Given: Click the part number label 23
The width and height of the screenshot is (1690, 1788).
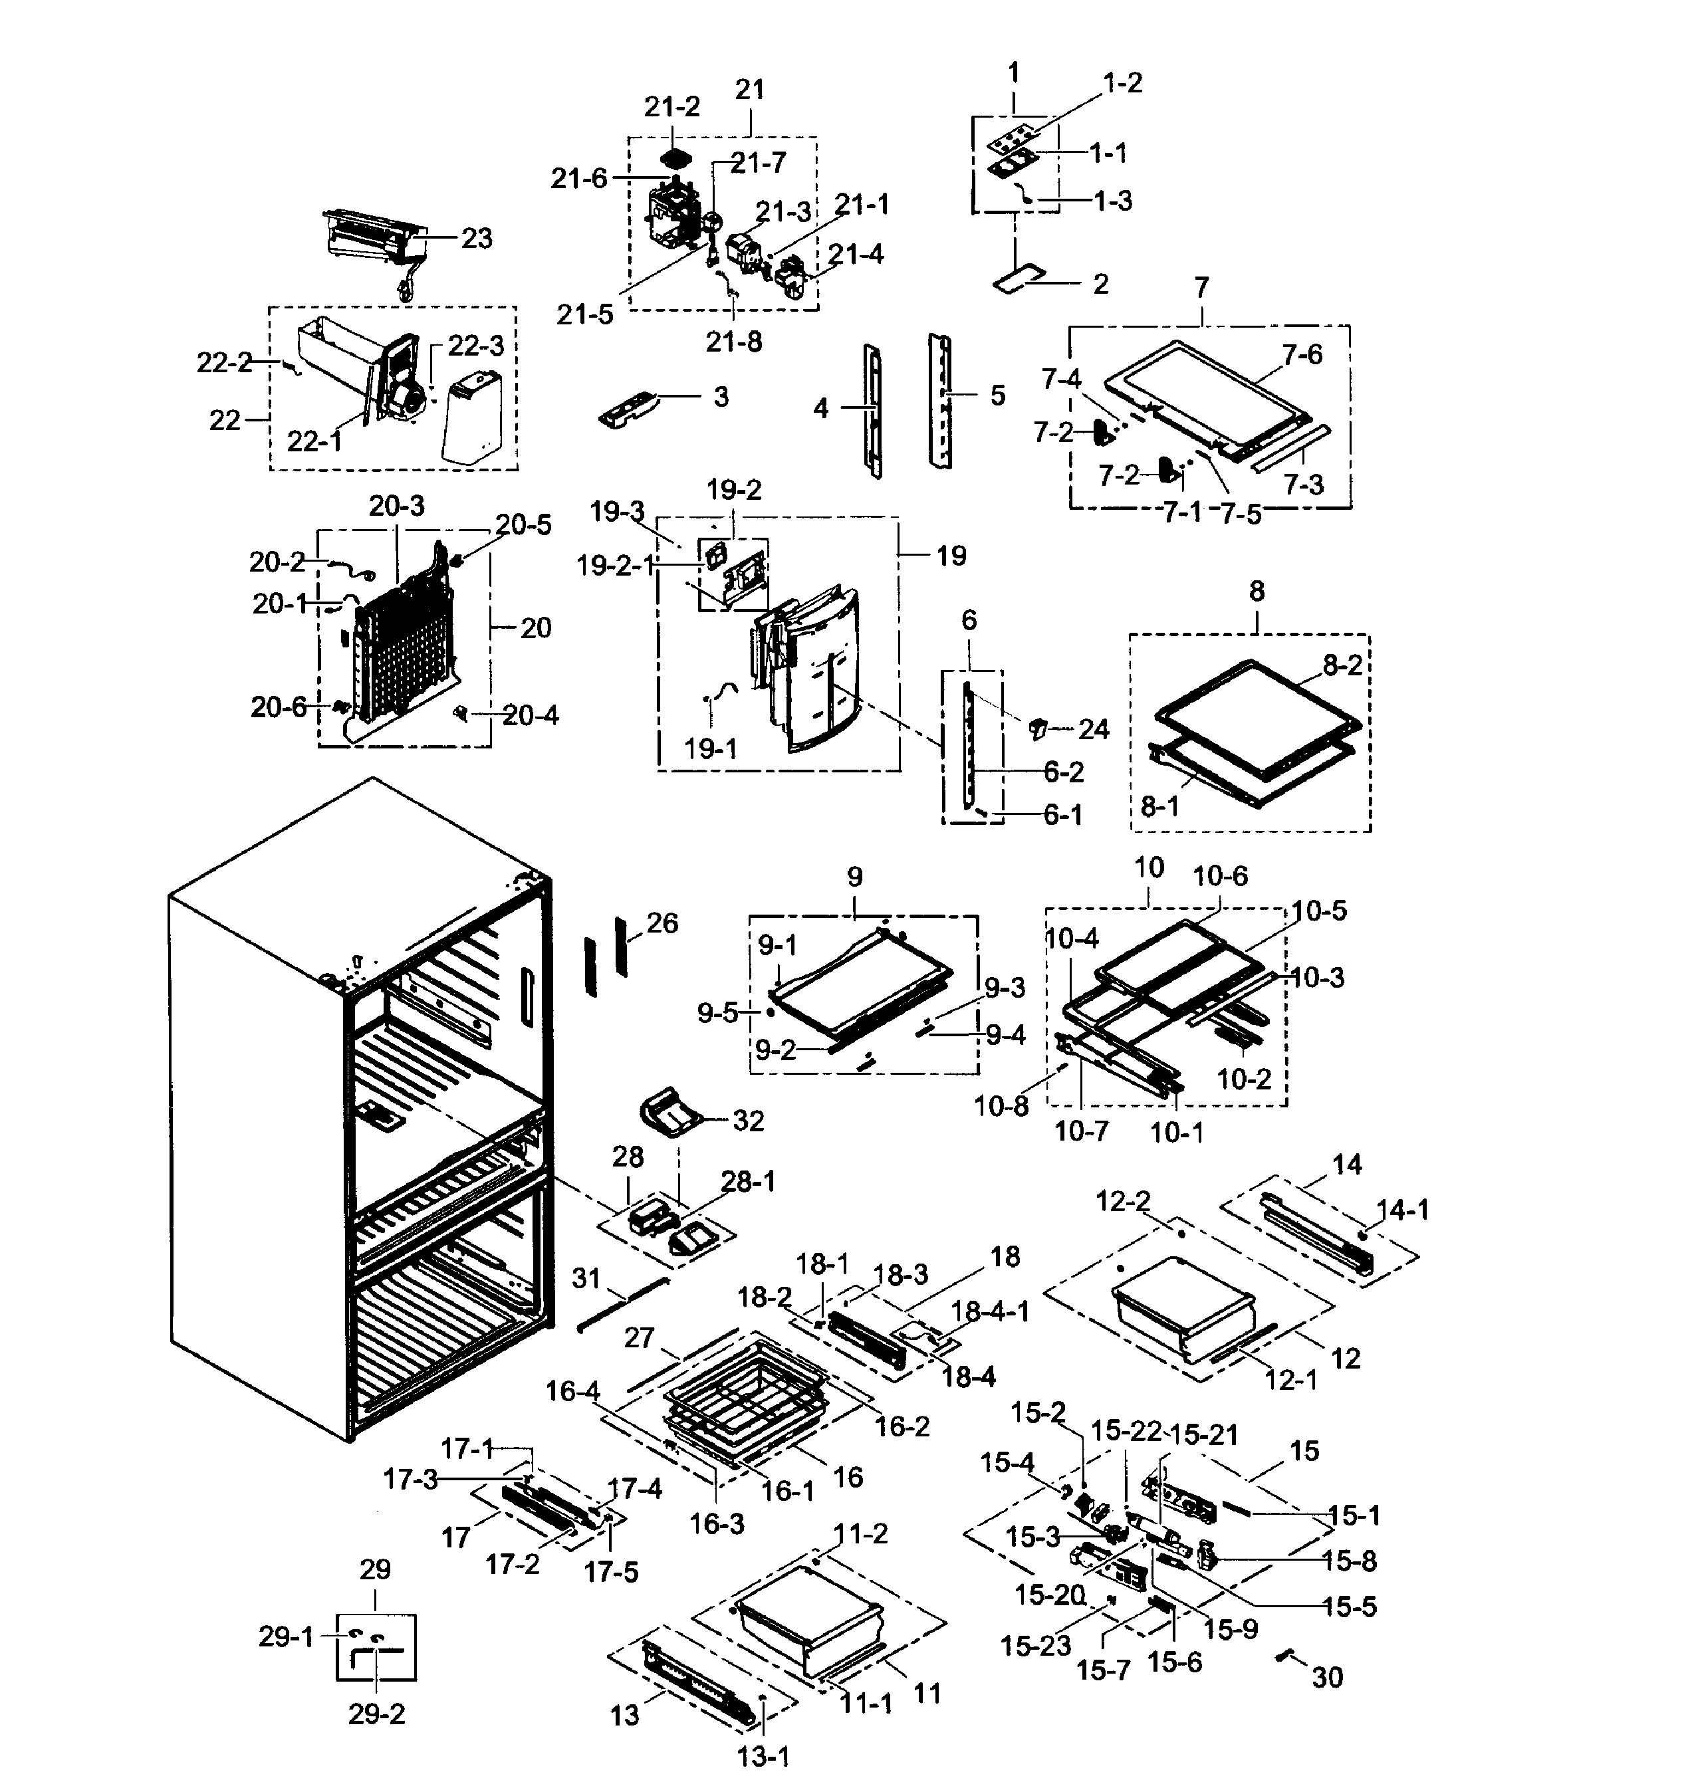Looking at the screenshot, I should [477, 238].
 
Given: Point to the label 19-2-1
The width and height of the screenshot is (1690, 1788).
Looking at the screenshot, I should [615, 566].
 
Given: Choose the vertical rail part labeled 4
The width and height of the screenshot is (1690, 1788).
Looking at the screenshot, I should [873, 410].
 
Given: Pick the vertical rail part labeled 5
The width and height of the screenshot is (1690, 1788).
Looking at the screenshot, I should [941, 401].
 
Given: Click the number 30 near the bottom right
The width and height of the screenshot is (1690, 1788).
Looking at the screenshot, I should [1327, 1677].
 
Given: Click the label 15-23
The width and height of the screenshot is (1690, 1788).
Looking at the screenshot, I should [1035, 1646].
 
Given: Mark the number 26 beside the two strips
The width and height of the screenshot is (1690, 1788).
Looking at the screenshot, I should [662, 923].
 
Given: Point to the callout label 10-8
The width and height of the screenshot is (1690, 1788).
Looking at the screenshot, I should [1001, 1107].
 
